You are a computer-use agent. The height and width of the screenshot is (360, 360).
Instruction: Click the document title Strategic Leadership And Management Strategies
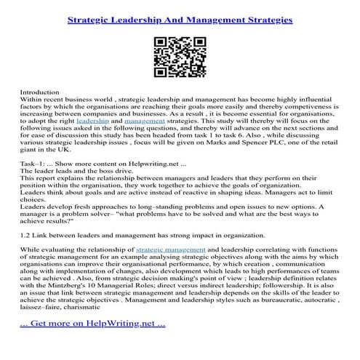click(x=180, y=20)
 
